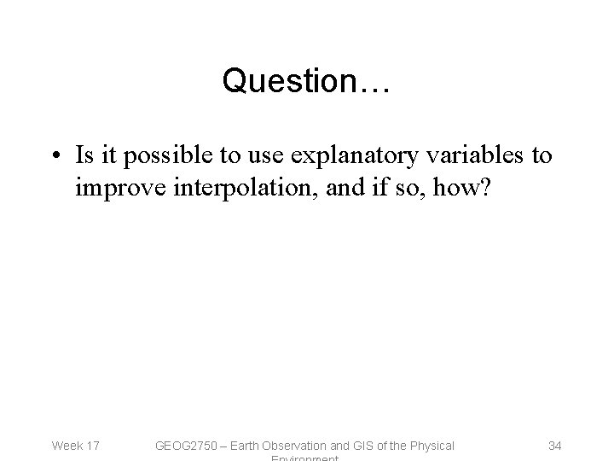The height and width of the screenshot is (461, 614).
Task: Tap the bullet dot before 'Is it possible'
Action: pyautogui.click(x=57, y=156)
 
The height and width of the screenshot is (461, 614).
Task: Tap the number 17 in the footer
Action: pyautogui.click(x=93, y=446)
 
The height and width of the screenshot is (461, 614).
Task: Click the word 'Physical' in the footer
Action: pyautogui.click(x=432, y=446)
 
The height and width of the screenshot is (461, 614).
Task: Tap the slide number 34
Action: pyautogui.click(x=554, y=446)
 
